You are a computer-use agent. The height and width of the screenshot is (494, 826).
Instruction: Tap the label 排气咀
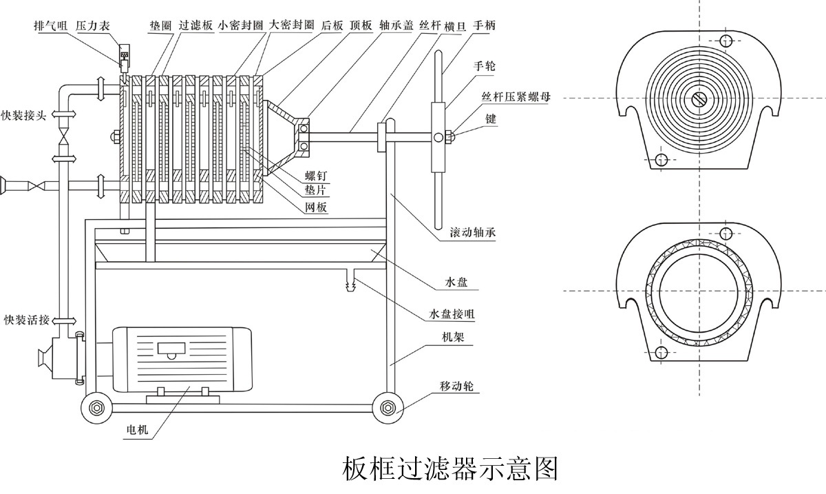tap(51, 25)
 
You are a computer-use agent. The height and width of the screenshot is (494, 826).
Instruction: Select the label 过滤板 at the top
tap(195, 25)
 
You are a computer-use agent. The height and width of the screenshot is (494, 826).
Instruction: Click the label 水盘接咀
tap(452, 313)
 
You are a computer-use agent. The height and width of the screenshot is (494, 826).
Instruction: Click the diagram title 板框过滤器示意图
tap(449, 469)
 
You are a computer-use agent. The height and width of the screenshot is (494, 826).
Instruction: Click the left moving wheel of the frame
tap(96, 408)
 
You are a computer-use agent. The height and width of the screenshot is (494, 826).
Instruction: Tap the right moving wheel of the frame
tap(388, 408)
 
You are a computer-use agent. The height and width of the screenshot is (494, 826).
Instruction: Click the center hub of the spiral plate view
tap(699, 99)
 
